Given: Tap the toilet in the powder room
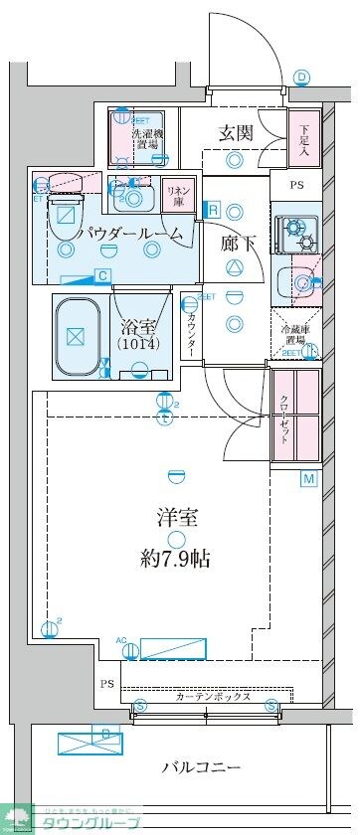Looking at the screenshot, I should pos(66,210).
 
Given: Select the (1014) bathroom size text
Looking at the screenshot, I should pos(140,343).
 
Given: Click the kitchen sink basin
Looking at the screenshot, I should pos(296,282).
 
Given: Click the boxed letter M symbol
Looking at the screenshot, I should pos(308,480).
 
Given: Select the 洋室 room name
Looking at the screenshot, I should pos(175,517).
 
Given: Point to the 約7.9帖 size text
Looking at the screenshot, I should pos(175,557).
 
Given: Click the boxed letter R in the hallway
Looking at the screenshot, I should pos(213,210).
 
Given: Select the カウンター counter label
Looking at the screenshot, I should pos(190,336).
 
